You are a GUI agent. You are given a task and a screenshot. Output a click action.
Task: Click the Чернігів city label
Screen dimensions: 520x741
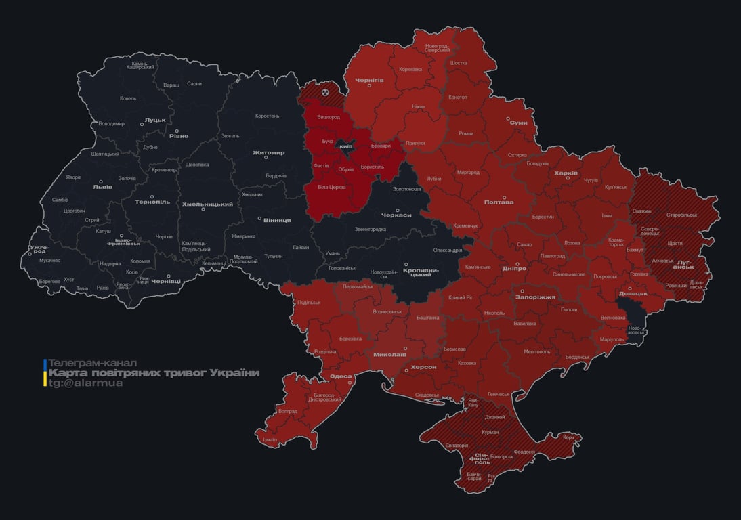tap(369, 80)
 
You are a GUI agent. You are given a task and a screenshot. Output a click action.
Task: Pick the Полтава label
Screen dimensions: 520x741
tap(499, 202)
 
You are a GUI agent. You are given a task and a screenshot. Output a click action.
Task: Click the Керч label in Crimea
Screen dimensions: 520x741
tap(568, 437)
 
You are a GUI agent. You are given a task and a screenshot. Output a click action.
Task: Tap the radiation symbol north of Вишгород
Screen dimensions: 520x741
tap(326, 90)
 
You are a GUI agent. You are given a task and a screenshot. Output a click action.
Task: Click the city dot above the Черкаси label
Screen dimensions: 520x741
tap(398, 210)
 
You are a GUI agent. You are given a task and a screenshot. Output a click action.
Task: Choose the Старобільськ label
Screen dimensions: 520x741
tap(681, 215)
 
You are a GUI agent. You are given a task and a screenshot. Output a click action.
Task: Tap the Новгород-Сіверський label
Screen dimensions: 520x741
tap(438, 48)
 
